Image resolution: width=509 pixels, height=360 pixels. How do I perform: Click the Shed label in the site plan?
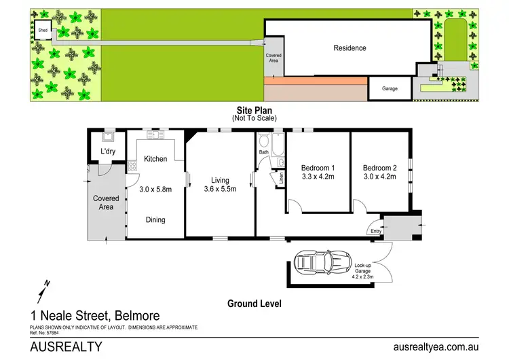click(x=43, y=31)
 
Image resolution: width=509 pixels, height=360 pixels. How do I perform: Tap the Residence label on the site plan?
click(x=350, y=48)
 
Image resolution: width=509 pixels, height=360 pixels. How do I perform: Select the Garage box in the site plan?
click(x=390, y=88)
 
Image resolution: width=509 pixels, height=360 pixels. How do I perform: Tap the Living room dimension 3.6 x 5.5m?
click(x=219, y=190)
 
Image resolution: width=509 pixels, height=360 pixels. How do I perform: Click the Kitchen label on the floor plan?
click(x=155, y=159)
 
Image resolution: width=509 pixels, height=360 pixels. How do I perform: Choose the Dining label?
click(x=155, y=219)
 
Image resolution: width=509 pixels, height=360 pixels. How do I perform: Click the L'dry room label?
click(x=109, y=151)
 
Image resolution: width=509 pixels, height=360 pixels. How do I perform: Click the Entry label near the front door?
click(x=376, y=232)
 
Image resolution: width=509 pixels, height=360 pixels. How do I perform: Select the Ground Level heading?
click(x=254, y=304)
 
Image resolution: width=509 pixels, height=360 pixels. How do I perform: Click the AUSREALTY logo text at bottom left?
click(x=67, y=346)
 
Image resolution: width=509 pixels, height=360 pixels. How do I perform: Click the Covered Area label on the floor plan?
click(x=106, y=202)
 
